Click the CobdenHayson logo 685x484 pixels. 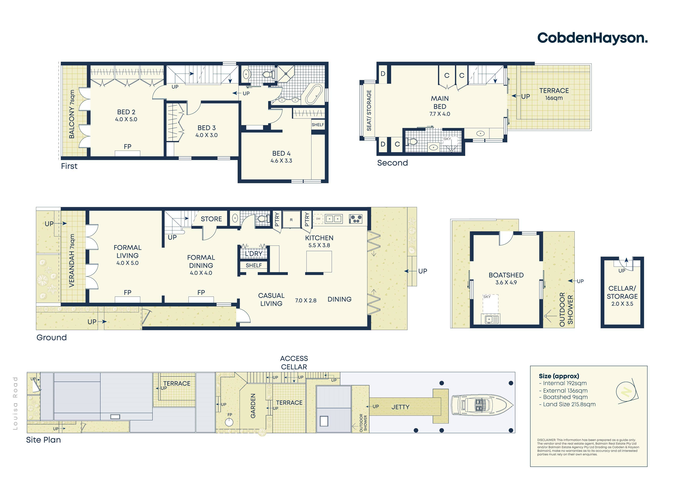[592, 38]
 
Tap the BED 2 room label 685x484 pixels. [126, 112]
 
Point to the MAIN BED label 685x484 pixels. [440, 102]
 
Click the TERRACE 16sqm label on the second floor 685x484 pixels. [554, 94]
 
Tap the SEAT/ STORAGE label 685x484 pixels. [369, 110]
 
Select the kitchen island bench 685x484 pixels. [319, 262]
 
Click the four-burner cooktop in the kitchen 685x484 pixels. [356, 219]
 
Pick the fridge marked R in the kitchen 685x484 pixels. [291, 220]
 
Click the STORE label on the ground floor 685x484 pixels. [211, 219]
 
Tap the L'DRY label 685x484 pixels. [254, 254]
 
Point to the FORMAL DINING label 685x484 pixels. [201, 262]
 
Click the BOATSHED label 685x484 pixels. [506, 275]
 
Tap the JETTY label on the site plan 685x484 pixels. [400, 407]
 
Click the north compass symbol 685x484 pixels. [627, 391]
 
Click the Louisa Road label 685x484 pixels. [15, 403]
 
